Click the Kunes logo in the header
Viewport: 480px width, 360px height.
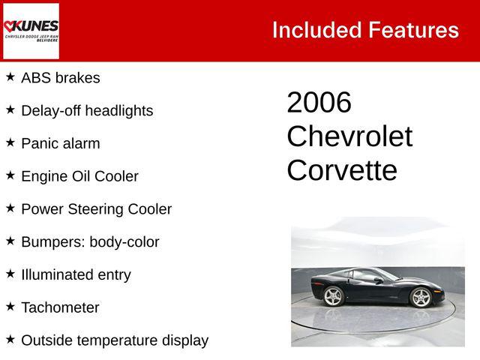[31, 30]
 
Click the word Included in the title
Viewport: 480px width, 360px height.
[316, 30]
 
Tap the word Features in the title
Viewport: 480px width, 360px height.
[413, 30]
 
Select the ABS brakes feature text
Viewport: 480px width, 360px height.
[60, 78]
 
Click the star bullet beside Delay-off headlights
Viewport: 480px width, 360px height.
[10, 109]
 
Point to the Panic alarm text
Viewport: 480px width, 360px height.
[60, 143]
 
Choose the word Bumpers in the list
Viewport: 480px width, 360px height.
[52, 242]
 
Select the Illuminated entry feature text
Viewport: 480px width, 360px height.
[76, 274]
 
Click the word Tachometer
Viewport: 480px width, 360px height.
[60, 307]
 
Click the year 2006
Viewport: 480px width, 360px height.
[319, 103]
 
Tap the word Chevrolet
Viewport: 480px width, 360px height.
[349, 136]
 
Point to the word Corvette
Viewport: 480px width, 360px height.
[342, 171]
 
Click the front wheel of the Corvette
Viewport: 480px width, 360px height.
[421, 298]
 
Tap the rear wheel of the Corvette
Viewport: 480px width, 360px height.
[333, 297]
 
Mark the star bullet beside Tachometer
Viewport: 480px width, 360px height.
[10, 307]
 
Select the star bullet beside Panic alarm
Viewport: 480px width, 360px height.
[10, 142]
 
